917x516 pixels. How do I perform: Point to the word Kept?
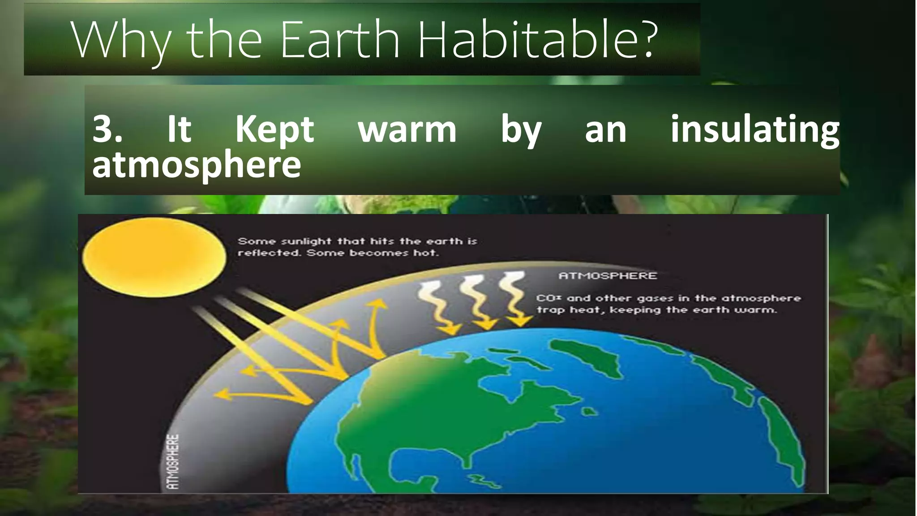(x=274, y=129)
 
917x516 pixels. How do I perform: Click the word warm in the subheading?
(x=407, y=130)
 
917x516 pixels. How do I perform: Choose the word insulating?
(x=754, y=130)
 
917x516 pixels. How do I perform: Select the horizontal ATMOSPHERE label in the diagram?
(x=608, y=276)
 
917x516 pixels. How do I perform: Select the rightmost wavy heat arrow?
(x=514, y=298)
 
